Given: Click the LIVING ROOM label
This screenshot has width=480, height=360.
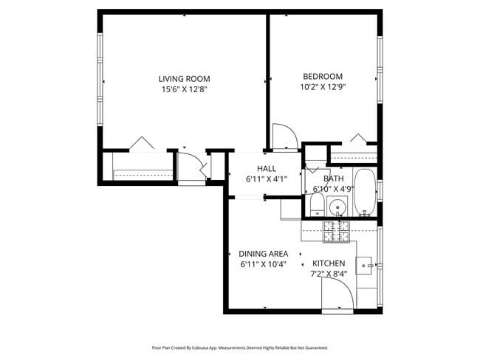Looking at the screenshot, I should point(184,79).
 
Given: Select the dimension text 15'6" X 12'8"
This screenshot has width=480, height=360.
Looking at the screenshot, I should point(184,90).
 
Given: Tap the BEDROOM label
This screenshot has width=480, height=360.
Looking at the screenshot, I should point(323,76).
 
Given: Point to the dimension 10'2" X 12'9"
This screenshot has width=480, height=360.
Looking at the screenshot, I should point(323,86).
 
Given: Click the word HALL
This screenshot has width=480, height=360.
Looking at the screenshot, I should point(267,168).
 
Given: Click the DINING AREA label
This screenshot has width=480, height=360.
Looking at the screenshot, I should point(263,254).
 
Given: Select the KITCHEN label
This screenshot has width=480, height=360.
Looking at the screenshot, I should point(329,263).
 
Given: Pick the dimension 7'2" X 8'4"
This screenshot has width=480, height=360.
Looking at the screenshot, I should point(329,274).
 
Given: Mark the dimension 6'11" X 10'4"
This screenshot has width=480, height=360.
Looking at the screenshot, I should point(263,264).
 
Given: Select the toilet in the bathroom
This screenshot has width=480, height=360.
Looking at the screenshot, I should point(314,204).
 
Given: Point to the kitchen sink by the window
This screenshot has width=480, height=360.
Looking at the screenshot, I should point(366,264).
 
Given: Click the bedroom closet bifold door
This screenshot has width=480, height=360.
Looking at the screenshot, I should point(358,139).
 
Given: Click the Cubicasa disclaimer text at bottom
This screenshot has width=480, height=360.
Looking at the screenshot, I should point(239,347).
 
